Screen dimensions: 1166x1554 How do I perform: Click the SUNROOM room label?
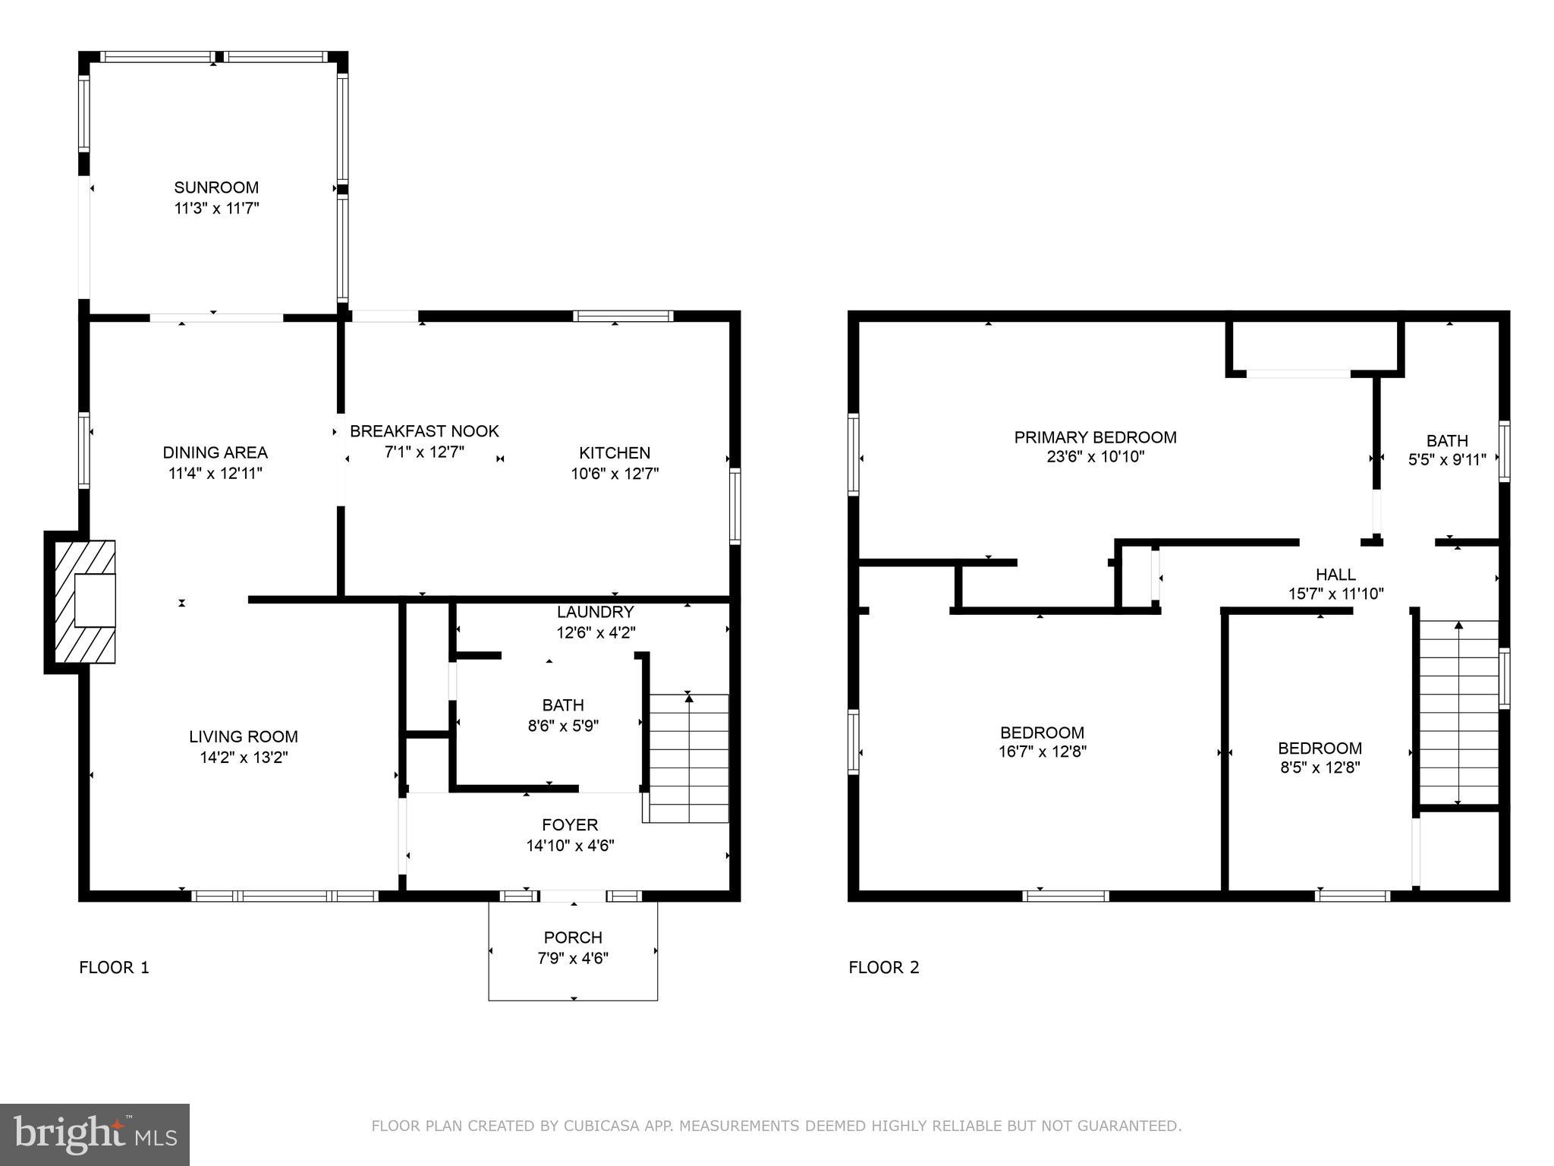216,188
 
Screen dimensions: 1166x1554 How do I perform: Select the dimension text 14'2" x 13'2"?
243,757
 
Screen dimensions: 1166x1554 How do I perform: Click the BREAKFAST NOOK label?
424,431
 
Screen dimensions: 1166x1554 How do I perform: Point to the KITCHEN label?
614,453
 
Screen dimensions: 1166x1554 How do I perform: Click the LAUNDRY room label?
595,612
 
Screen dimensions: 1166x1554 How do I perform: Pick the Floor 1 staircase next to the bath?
688,758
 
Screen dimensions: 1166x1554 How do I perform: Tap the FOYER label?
570,824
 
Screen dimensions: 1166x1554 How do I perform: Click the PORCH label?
573,938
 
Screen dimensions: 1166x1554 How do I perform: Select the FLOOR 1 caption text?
114,967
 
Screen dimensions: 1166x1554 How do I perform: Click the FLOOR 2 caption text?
883,967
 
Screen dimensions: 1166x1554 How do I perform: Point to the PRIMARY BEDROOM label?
1095,437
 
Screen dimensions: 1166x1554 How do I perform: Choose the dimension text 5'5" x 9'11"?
1447,459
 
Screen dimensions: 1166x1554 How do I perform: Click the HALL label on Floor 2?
1335,575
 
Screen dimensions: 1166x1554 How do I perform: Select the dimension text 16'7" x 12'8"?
1042,752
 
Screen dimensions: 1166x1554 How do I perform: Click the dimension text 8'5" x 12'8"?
1320,767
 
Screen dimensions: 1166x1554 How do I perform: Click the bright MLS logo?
95,1134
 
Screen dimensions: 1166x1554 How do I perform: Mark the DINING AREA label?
215,452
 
